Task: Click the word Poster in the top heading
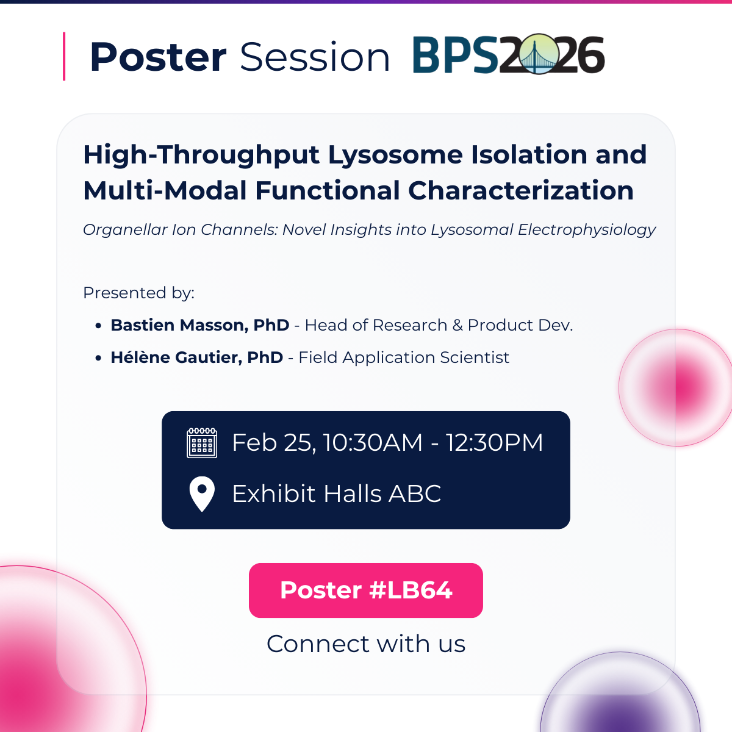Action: (x=158, y=57)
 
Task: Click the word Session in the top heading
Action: (x=315, y=57)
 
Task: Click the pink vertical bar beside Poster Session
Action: (x=64, y=56)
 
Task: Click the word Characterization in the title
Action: (x=521, y=190)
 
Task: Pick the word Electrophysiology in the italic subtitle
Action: (x=586, y=230)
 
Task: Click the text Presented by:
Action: (x=138, y=293)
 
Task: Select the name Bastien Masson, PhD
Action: (x=199, y=325)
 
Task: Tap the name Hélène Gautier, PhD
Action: (x=196, y=357)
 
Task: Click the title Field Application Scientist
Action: (x=404, y=357)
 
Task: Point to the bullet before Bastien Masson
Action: (x=98, y=326)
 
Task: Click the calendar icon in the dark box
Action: (x=202, y=443)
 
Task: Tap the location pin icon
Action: (x=202, y=493)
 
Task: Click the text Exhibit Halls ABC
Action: (x=336, y=493)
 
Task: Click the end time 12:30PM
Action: (x=494, y=443)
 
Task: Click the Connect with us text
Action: (x=366, y=644)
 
